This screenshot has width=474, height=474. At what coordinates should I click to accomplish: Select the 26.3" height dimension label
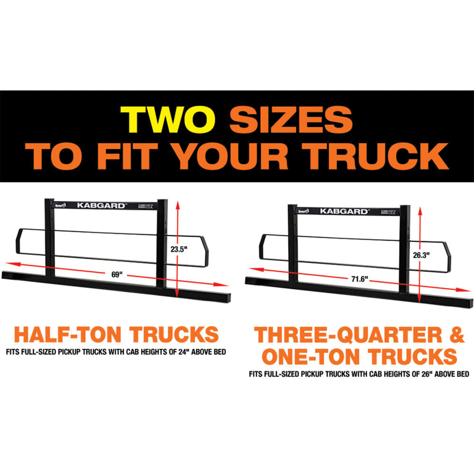[x=421, y=255]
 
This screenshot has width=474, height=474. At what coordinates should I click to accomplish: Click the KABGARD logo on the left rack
[x=102, y=206]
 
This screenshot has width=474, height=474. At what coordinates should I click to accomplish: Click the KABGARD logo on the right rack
[x=344, y=211]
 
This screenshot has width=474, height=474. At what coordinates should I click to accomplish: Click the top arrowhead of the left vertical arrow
[x=177, y=204]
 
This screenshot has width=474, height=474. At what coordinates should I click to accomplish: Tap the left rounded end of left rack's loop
[x=19, y=242]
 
